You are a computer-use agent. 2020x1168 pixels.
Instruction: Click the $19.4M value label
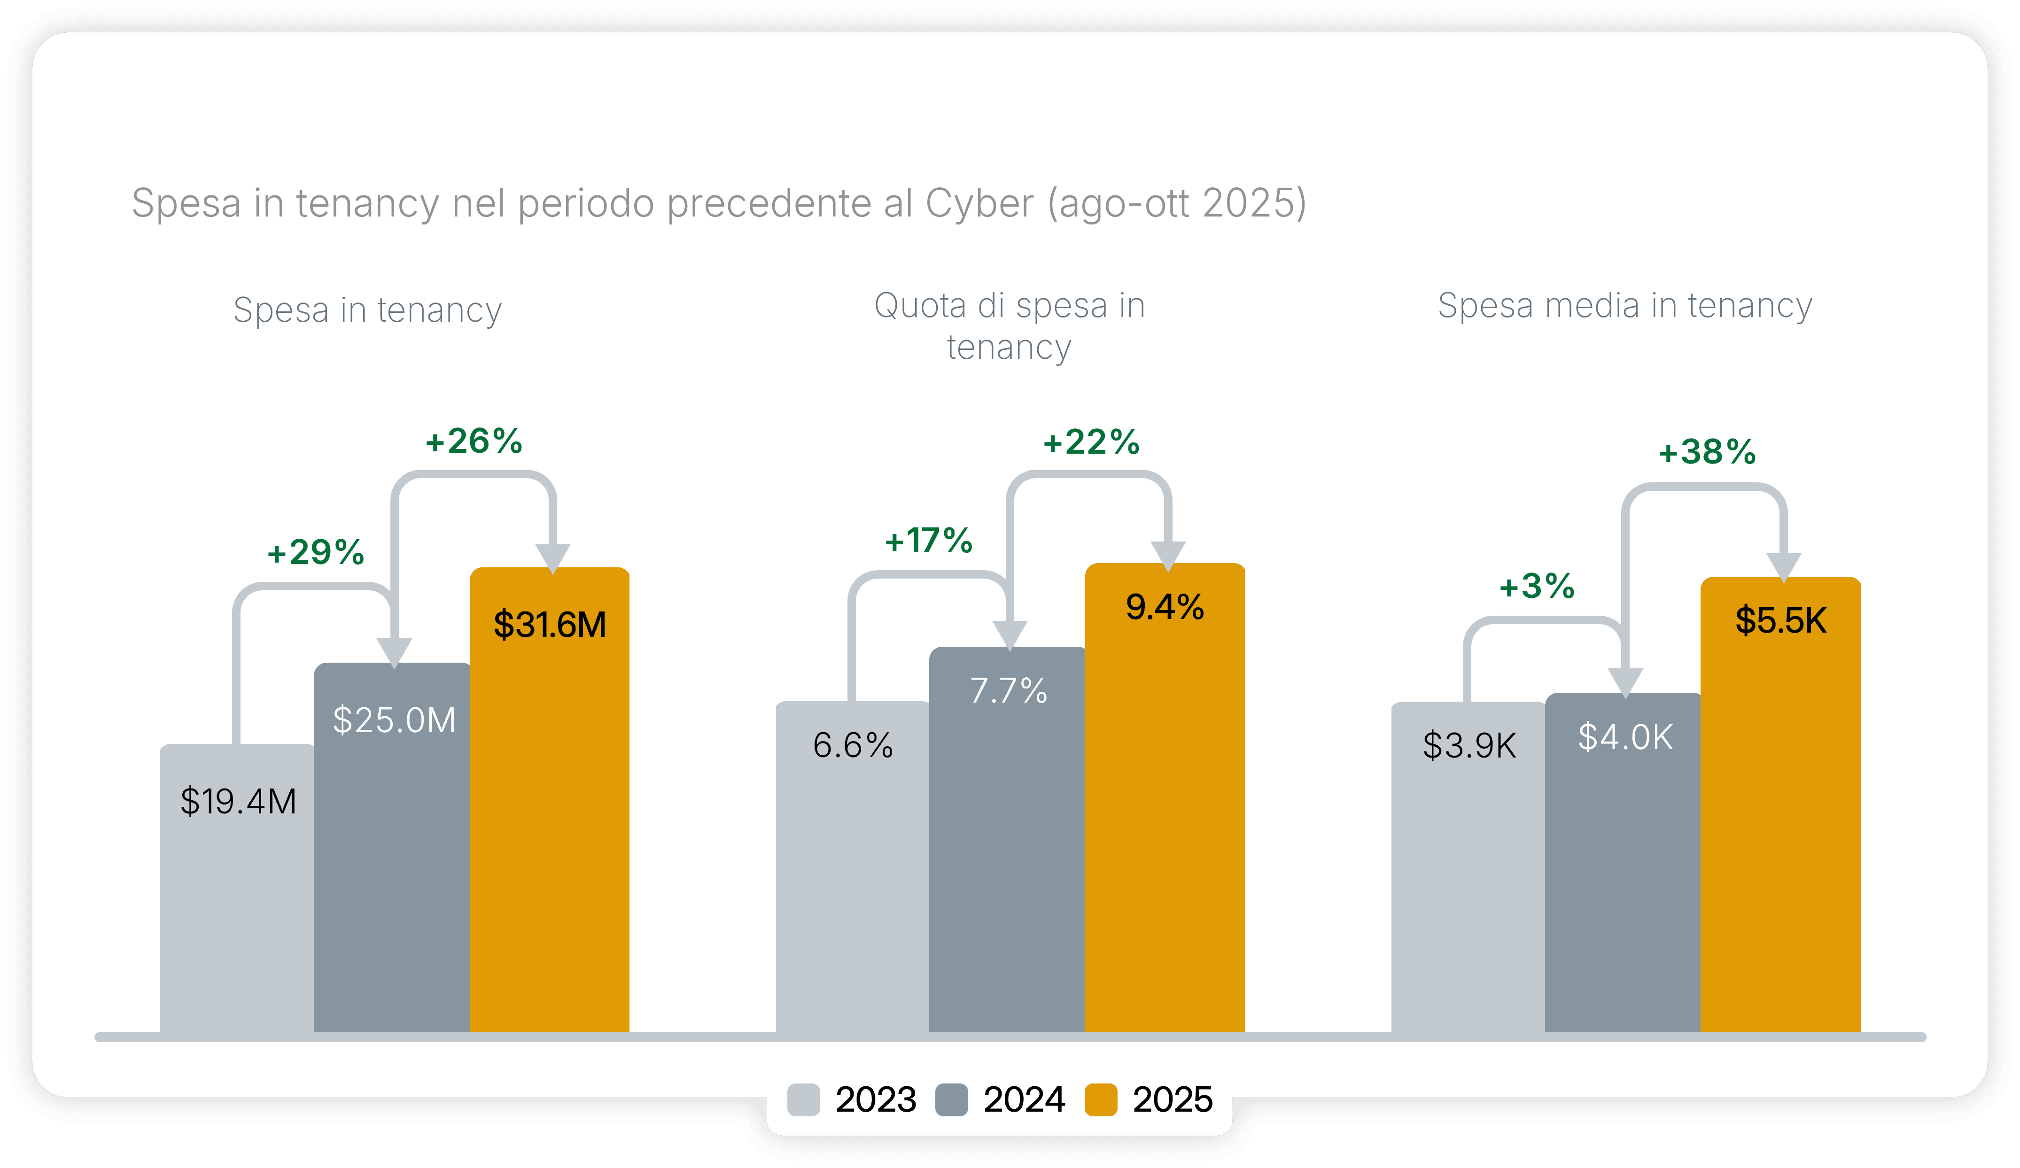[238, 801]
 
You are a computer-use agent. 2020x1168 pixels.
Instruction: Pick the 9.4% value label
[1164, 607]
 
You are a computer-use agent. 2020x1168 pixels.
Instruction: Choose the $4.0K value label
[1625, 737]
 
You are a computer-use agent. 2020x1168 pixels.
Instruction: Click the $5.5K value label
[1780, 620]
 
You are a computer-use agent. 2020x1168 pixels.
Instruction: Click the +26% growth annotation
[473, 441]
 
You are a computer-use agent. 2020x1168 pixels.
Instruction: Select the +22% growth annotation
[1091, 442]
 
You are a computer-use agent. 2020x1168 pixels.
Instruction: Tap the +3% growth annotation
[1536, 586]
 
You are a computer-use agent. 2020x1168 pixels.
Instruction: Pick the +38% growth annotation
[1707, 452]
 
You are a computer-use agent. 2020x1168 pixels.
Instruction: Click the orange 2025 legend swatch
[1101, 1099]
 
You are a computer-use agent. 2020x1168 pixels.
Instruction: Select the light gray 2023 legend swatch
[803, 1099]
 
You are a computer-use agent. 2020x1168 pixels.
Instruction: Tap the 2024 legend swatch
[951, 1099]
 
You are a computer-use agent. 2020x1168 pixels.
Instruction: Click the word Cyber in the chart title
[979, 203]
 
